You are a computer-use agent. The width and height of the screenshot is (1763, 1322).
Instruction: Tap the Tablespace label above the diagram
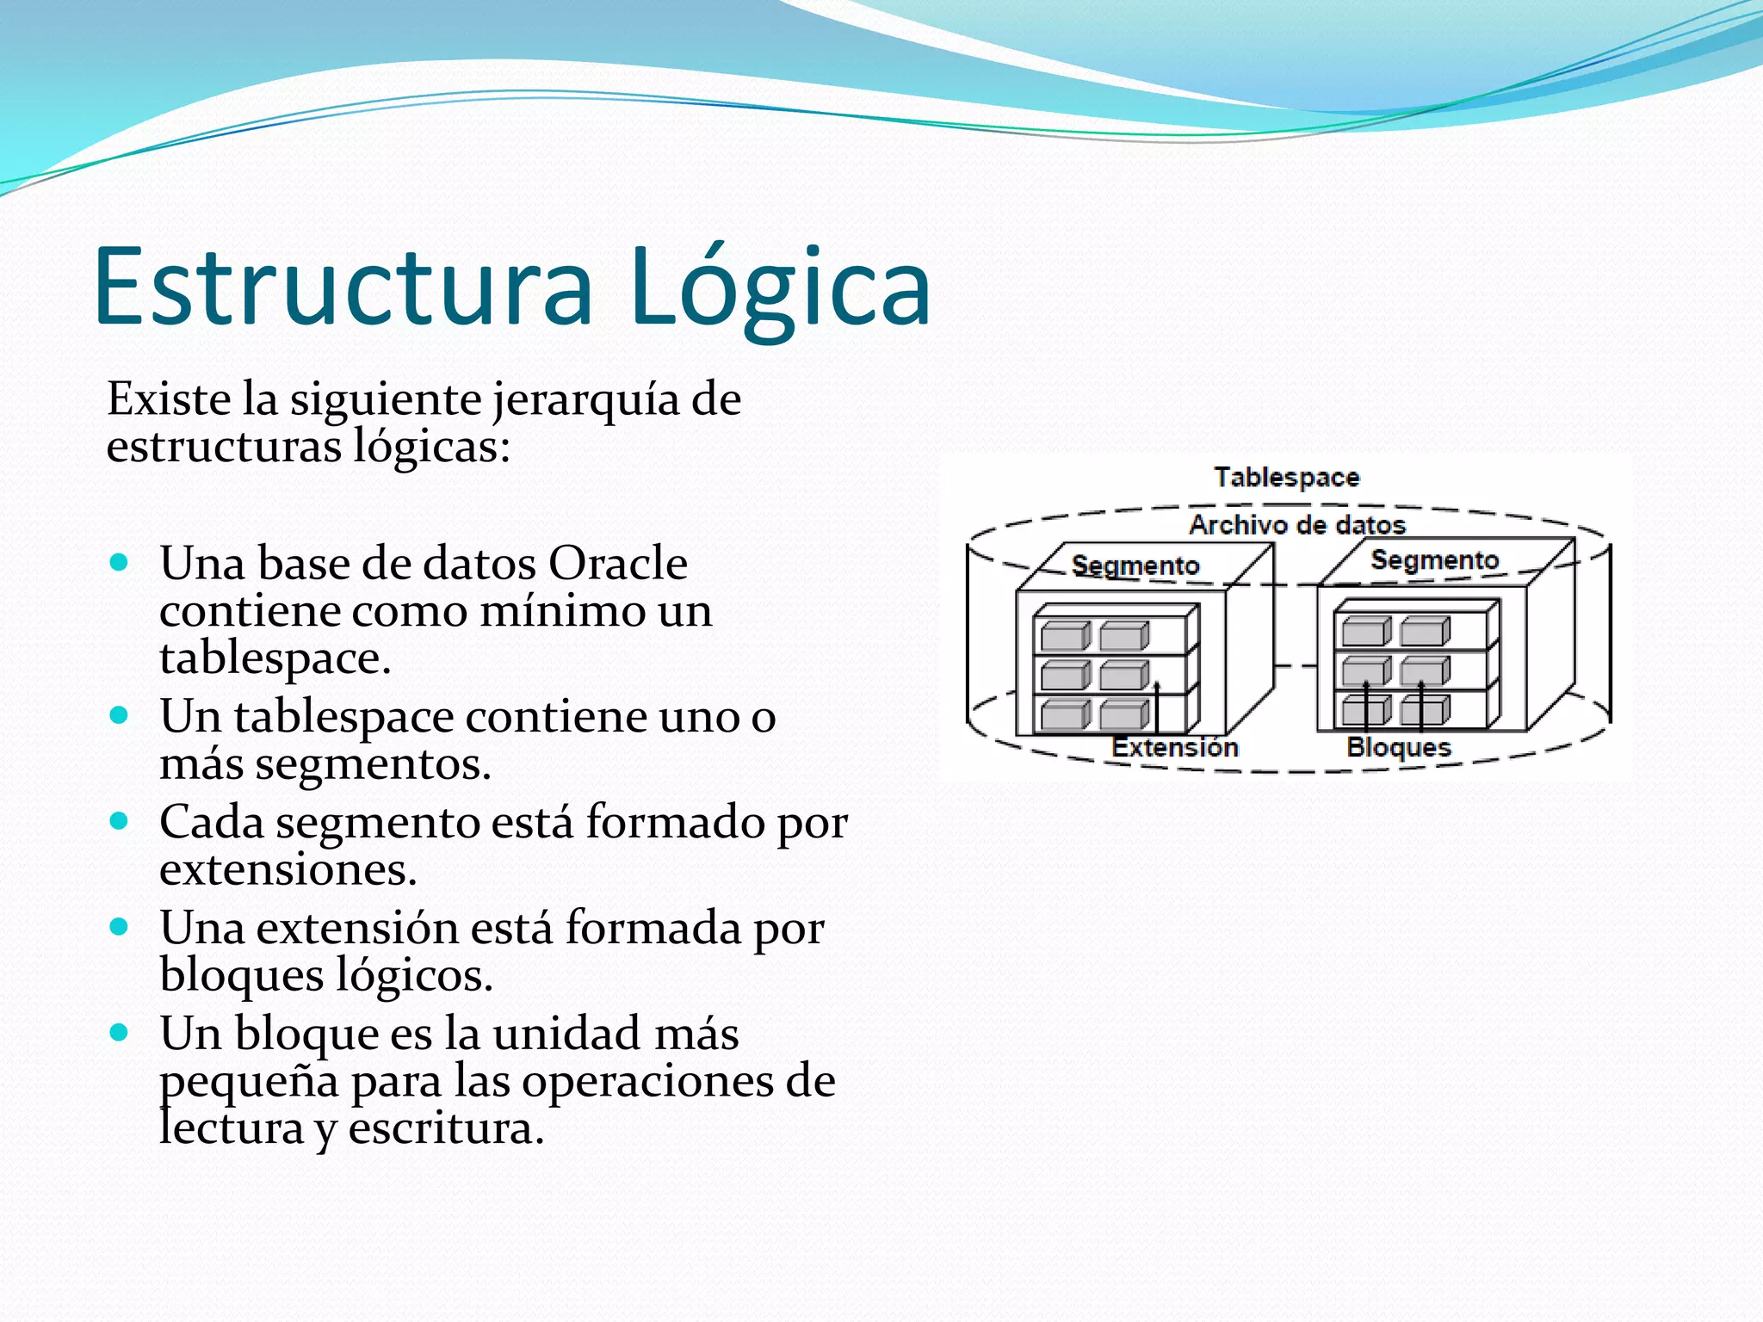[1286, 477]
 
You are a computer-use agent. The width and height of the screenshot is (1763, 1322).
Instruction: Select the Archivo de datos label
[1296, 524]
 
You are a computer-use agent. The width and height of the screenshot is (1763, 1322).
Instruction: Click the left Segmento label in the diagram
[1135, 565]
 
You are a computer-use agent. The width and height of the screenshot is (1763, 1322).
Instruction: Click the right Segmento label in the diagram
[1434, 560]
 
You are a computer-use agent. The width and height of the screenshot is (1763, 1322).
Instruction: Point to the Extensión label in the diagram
[1174, 747]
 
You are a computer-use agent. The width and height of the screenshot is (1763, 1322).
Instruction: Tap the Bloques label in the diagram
[1398, 747]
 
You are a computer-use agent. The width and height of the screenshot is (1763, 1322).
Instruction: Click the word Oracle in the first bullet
[617, 564]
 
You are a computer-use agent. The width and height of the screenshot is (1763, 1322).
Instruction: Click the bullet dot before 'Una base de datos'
[120, 564]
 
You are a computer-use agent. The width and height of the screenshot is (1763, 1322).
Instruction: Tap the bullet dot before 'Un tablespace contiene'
[120, 715]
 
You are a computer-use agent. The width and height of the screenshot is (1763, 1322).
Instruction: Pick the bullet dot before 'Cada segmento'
[120, 821]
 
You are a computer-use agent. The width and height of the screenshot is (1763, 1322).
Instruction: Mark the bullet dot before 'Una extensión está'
[120, 927]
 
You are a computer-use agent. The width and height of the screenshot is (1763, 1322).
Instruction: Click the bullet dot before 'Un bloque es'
[120, 1033]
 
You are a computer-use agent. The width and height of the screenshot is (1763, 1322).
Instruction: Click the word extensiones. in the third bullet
[288, 869]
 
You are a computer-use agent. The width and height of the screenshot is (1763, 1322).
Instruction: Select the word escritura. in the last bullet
[446, 1128]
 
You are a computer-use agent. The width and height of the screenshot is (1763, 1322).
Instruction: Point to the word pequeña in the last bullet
[249, 1082]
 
